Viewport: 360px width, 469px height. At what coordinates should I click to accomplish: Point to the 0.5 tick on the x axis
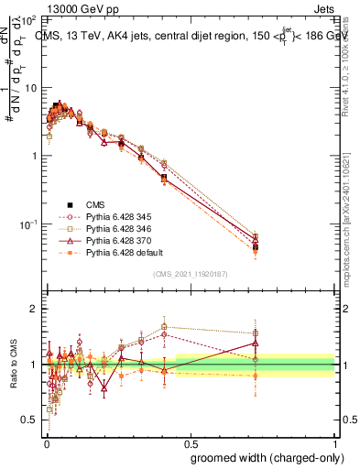191,442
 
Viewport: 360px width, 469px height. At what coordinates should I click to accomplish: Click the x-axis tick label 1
336,442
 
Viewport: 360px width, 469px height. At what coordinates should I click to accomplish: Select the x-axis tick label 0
47,442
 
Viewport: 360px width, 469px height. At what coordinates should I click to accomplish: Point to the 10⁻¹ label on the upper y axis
27,224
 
